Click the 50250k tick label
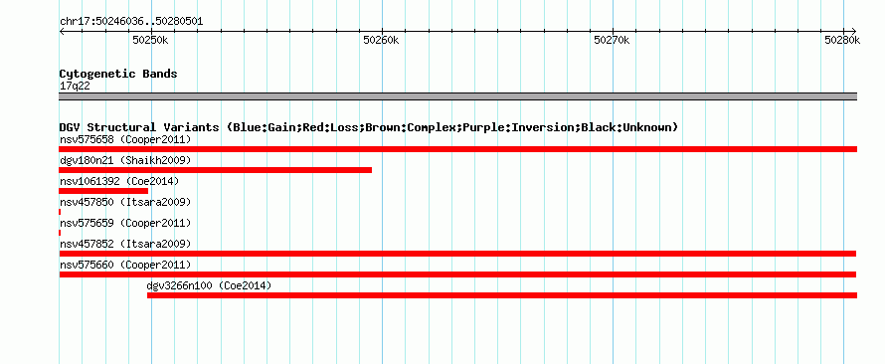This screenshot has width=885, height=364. (x=150, y=40)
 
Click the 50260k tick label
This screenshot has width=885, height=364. (x=381, y=40)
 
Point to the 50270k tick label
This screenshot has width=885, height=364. (x=612, y=40)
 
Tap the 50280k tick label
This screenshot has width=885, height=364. (x=842, y=40)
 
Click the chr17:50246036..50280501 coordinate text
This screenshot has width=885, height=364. (x=131, y=22)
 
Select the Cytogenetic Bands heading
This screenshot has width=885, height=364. (x=118, y=74)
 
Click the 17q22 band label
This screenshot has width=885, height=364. (x=75, y=86)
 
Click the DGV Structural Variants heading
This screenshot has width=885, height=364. (x=368, y=127)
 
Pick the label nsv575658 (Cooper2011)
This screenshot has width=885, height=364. (x=125, y=139)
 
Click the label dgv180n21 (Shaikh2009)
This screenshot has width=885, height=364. (x=125, y=160)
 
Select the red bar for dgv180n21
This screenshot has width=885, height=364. (x=215, y=170)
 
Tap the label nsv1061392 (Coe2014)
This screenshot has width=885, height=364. (x=119, y=181)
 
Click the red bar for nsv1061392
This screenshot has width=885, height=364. (x=103, y=191)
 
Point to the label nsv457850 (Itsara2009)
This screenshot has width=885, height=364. (x=125, y=202)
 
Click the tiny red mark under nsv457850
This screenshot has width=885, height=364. (x=60, y=212)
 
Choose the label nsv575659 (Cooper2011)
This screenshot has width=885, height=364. (x=125, y=223)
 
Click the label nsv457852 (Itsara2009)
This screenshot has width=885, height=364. (x=125, y=244)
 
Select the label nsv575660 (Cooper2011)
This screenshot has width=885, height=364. (x=125, y=265)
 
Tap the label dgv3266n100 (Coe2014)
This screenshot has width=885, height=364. (x=209, y=285)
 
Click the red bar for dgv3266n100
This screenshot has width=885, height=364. (x=502, y=295)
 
